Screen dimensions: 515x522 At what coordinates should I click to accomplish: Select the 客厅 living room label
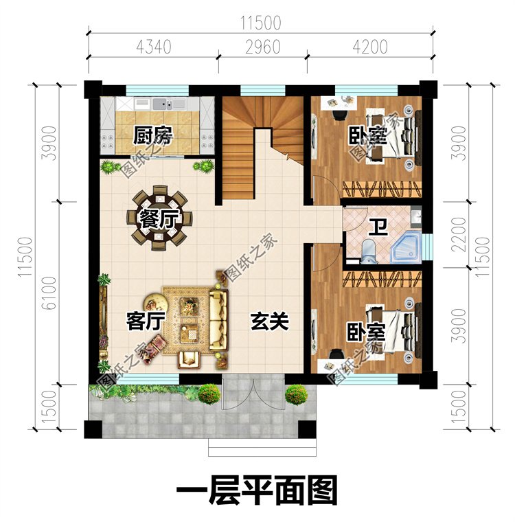(146, 321)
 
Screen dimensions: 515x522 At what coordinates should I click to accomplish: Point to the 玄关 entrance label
(269, 321)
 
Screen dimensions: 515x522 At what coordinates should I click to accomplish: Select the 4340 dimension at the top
(153, 47)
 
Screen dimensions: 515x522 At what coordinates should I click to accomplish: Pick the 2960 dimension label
(263, 47)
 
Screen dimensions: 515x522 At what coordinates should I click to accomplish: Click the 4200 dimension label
(370, 47)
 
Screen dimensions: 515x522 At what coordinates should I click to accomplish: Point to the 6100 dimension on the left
(50, 293)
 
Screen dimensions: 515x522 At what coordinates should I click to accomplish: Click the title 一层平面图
(257, 489)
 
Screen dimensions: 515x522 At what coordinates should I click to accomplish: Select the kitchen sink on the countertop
(165, 104)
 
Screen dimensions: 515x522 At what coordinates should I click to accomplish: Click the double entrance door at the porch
(253, 394)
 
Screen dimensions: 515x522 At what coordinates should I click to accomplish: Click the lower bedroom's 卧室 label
(366, 332)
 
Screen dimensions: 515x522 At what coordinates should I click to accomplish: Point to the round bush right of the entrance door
(296, 395)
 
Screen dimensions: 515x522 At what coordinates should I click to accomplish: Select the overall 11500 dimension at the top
(261, 23)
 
